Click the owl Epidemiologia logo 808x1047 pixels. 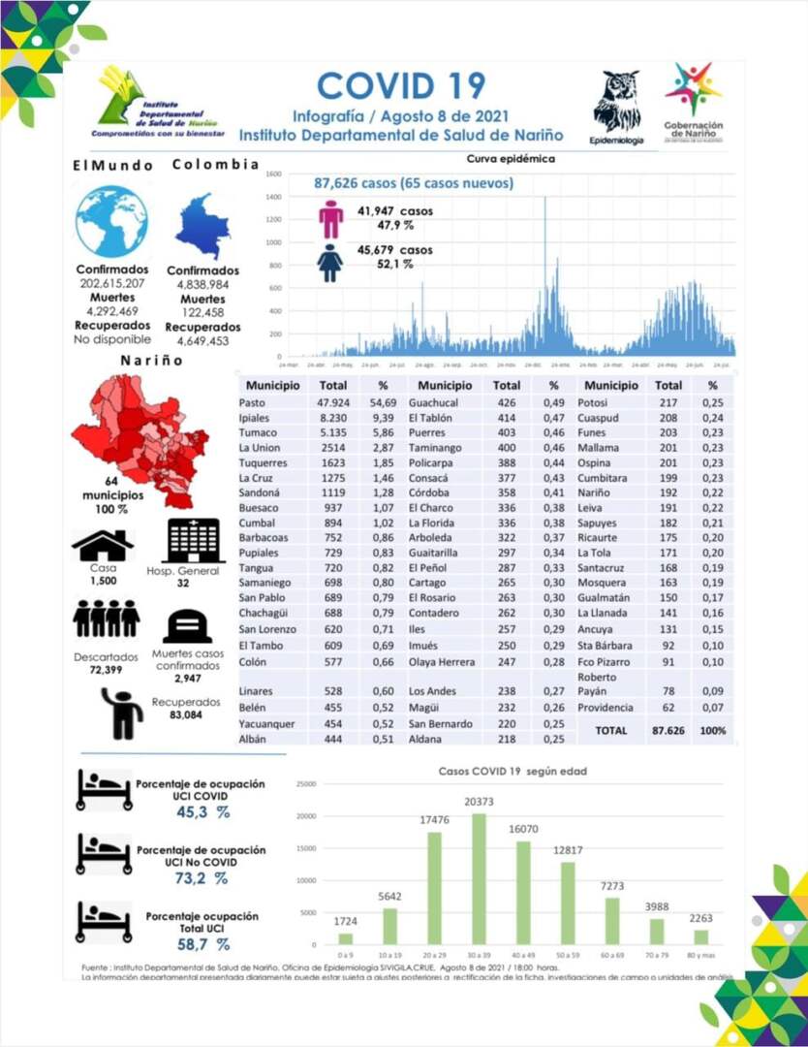(x=616, y=103)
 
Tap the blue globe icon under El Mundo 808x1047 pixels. (x=111, y=221)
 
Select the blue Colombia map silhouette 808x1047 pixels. (x=203, y=224)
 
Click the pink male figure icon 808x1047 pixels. (x=331, y=218)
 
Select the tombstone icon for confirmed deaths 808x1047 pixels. (x=187, y=626)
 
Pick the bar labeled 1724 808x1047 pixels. (x=346, y=937)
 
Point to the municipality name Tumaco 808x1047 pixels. (x=257, y=432)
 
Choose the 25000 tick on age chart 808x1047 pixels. (x=306, y=783)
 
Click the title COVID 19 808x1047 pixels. (x=401, y=85)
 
